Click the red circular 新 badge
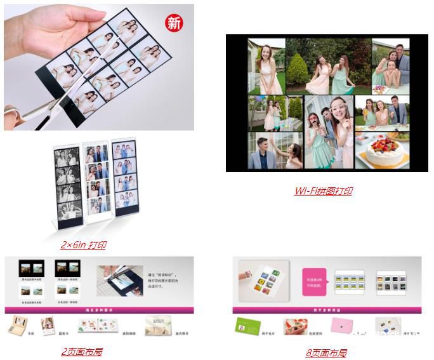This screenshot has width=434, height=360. [x=174, y=23]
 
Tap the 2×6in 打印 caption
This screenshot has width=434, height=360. [x=84, y=244]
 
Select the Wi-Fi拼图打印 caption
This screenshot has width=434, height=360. [x=323, y=190]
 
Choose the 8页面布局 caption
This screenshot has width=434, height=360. [x=325, y=353]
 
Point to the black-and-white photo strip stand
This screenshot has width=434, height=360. [x=67, y=183]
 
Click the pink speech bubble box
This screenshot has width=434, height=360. [x=313, y=279]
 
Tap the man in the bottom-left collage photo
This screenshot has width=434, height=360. [x=262, y=151]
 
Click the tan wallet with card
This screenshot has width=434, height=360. [x=17, y=326]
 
